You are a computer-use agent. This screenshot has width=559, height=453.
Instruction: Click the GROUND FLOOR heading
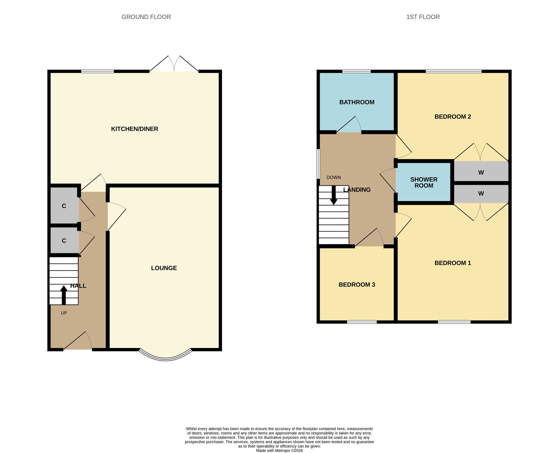pyautogui.click(x=146, y=17)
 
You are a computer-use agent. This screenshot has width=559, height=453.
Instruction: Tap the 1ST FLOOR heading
pyautogui.click(x=423, y=17)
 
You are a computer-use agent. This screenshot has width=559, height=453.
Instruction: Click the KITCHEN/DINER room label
pyautogui.click(x=135, y=129)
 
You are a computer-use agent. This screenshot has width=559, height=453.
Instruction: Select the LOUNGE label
pyautogui.click(x=164, y=268)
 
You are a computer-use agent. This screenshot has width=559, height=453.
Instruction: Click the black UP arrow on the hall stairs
pyautogui.click(x=64, y=295)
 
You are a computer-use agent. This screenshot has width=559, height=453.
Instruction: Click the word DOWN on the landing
pyautogui.click(x=334, y=177)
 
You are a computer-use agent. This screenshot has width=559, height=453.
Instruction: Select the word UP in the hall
pyautogui.click(x=64, y=313)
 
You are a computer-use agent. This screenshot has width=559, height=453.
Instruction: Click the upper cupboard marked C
pyautogui.click(x=64, y=206)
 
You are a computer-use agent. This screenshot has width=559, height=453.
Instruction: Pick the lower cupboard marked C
pyautogui.click(x=64, y=240)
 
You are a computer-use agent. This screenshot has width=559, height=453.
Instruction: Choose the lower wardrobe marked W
pyautogui.click(x=481, y=194)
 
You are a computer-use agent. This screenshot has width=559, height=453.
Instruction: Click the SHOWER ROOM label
pyautogui.click(x=424, y=183)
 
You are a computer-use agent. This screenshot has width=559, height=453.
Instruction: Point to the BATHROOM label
pyautogui.click(x=357, y=102)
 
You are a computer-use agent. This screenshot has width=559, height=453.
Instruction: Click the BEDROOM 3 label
pyautogui.click(x=357, y=285)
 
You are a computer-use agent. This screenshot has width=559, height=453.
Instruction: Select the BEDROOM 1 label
pyautogui.click(x=453, y=263)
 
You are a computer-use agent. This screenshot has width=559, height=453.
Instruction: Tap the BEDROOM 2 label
pyautogui.click(x=453, y=117)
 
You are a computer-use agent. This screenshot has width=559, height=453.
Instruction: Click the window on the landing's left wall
pyautogui.click(x=318, y=164)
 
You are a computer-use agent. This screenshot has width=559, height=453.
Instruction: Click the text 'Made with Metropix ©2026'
pyautogui.click(x=279, y=450)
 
